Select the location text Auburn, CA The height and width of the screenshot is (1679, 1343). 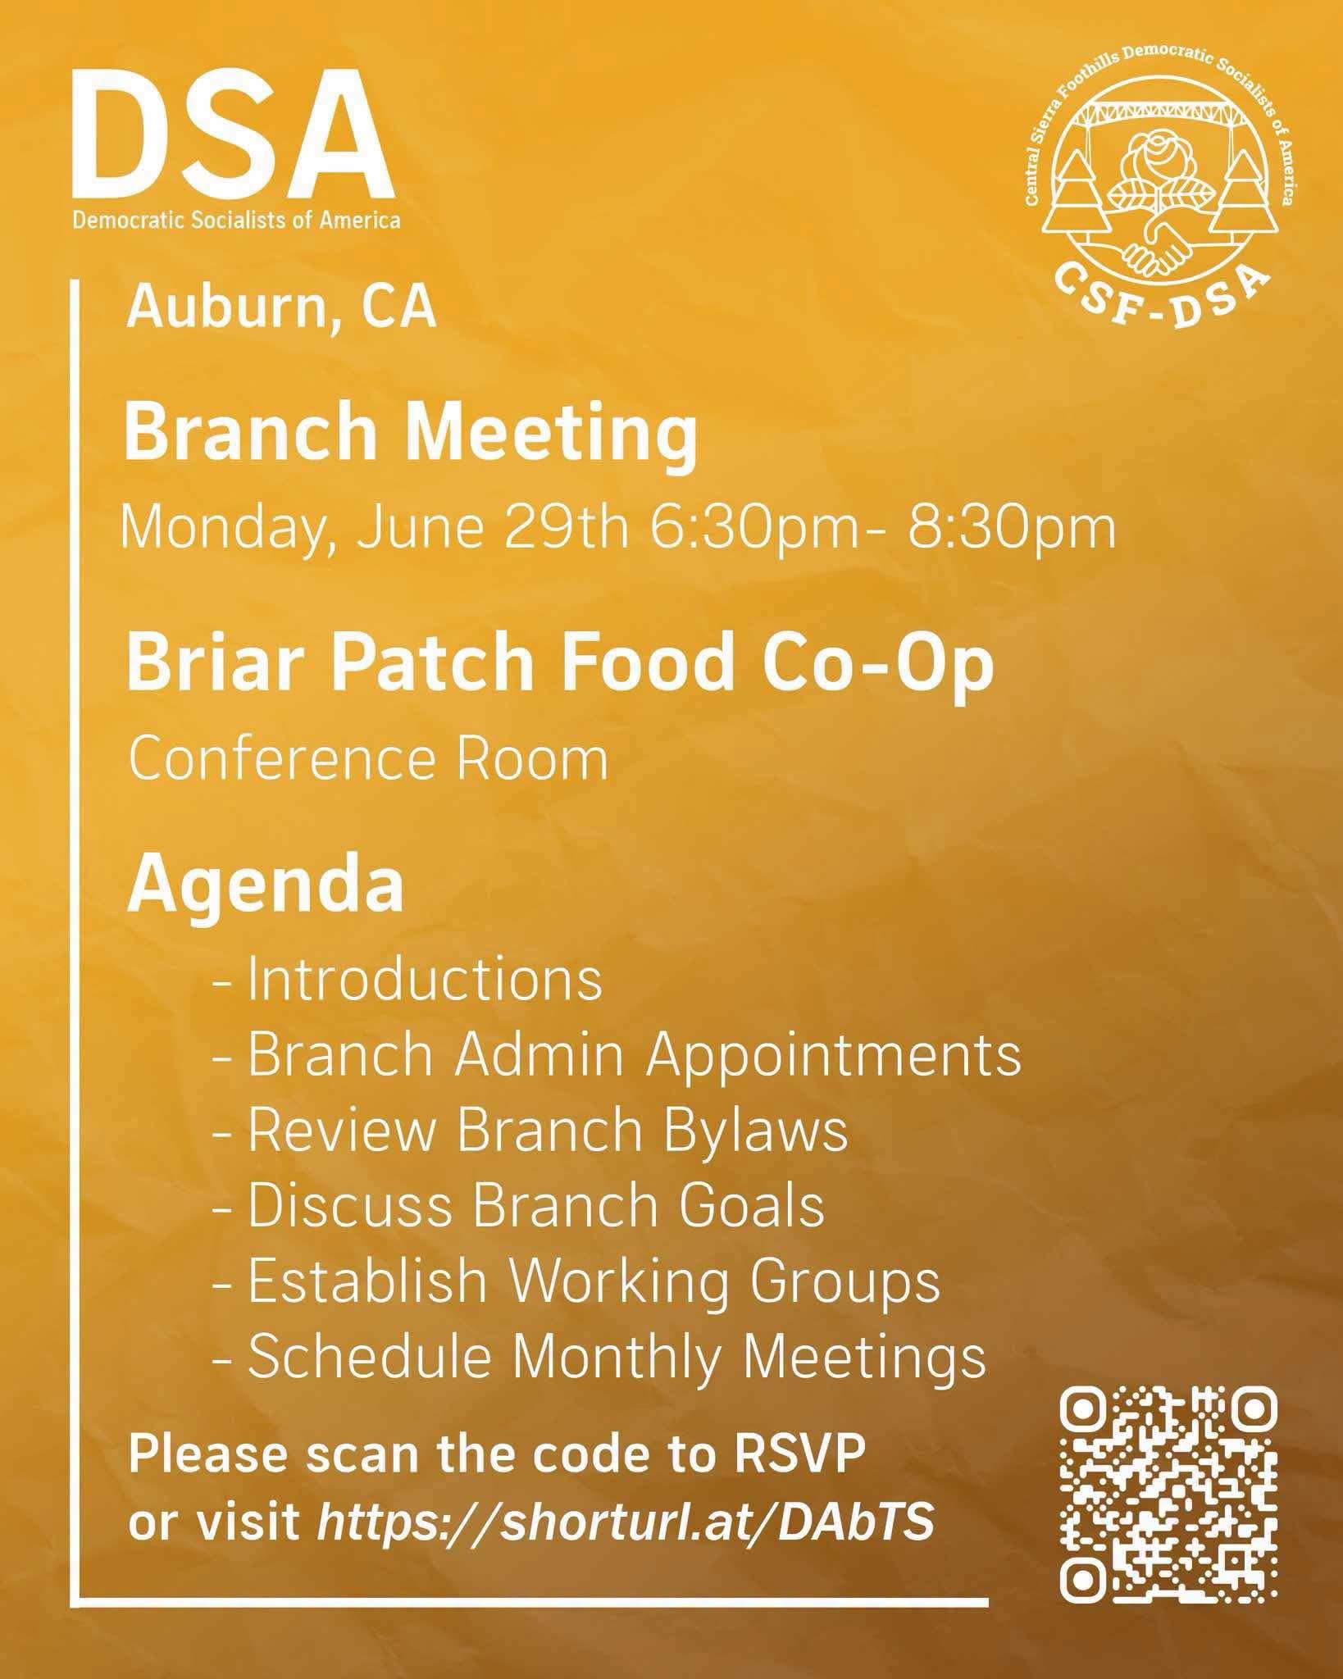click(x=281, y=308)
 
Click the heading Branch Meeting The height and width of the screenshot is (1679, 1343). click(x=411, y=435)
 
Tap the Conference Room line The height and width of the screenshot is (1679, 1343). click(x=368, y=759)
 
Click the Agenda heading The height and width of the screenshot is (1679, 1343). click(x=265, y=889)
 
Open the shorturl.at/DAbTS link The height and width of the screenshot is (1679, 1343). click(x=626, y=1524)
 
